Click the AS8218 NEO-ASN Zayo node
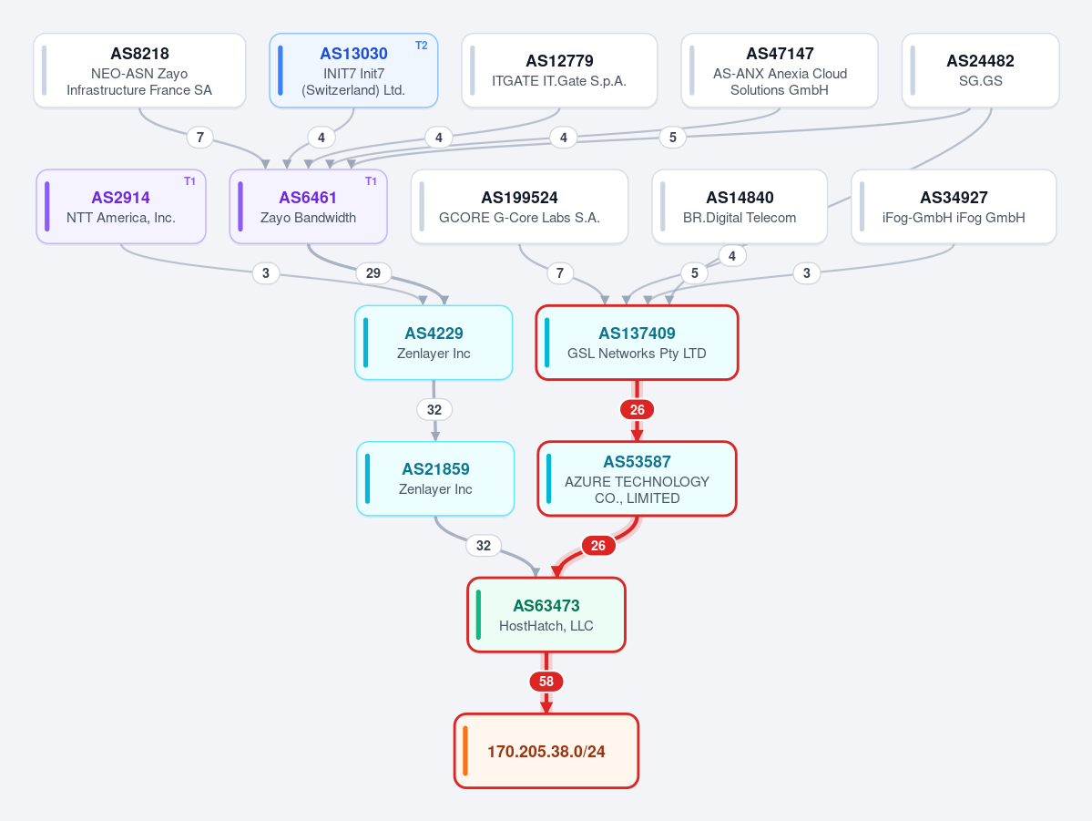pyautogui.click(x=139, y=70)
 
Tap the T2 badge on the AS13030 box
pyautogui.click(x=422, y=46)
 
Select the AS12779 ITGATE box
pyautogui.click(x=559, y=70)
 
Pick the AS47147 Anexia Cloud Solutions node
pyautogui.click(x=780, y=70)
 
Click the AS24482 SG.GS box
pyautogui.click(x=981, y=70)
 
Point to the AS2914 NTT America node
pyautogui.click(x=121, y=206)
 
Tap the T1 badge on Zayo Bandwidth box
pyautogui.click(x=371, y=181)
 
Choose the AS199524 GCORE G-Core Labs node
pyautogui.click(x=519, y=206)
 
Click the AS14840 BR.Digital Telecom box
pyautogui.click(x=740, y=206)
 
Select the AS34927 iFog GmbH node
pyautogui.click(x=954, y=206)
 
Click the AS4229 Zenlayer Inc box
pyautogui.click(x=434, y=343)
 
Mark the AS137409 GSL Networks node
pyautogui.click(x=637, y=343)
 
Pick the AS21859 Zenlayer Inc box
pyautogui.click(x=435, y=478)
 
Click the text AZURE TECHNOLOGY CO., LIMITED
pyautogui.click(x=638, y=490)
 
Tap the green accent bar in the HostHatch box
pyautogui.click(x=478, y=615)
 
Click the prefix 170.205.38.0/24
pyautogui.click(x=546, y=751)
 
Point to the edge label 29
pyautogui.click(x=373, y=273)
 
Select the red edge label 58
pyautogui.click(x=546, y=681)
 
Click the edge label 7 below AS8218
pyautogui.click(x=199, y=138)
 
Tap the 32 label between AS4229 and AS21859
pyautogui.click(x=434, y=409)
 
